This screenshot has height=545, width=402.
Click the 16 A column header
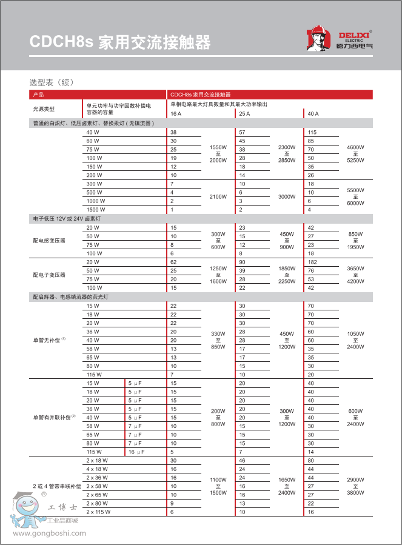176,114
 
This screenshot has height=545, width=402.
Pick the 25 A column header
244,114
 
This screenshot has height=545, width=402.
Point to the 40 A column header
313,114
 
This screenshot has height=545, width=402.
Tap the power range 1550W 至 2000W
218,153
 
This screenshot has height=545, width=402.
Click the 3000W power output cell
286,196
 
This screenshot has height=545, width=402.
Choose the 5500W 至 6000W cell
355,196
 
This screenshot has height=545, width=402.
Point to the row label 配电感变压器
49,240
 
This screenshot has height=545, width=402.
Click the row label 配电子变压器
49,275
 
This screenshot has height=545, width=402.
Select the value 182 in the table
312,262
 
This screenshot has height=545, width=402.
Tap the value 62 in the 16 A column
173,262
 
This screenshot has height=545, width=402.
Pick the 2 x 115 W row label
98,512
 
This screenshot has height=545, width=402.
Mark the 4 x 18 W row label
97,469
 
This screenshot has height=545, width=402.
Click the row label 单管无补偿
48,340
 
